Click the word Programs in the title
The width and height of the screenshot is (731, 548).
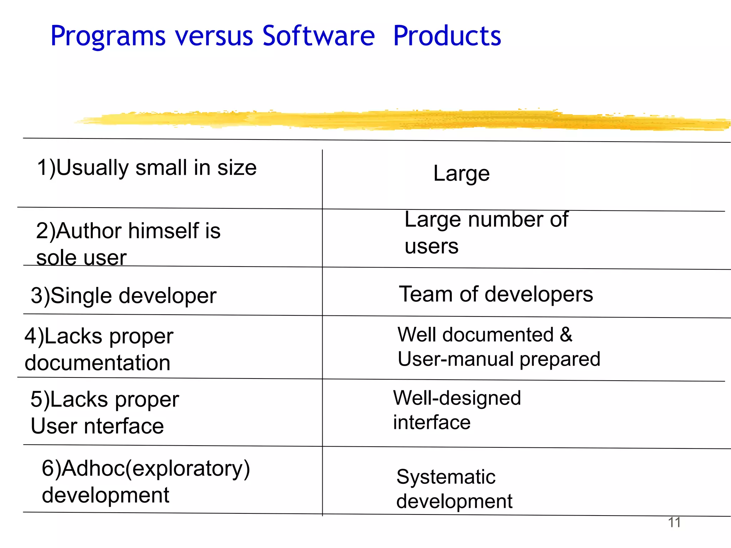click(108, 36)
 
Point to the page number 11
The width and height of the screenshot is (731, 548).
click(674, 522)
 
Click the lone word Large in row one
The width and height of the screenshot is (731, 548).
click(461, 174)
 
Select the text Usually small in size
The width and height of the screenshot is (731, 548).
click(156, 168)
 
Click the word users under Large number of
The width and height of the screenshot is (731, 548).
click(431, 247)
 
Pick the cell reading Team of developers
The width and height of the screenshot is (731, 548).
click(495, 294)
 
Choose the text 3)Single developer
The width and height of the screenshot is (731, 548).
click(123, 296)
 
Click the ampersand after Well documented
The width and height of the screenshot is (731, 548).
click(566, 335)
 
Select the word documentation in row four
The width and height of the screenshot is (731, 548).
click(97, 363)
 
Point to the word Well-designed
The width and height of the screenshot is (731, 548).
click(457, 398)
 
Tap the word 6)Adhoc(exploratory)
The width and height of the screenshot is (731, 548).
click(146, 468)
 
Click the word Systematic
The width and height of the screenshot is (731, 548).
click(446, 477)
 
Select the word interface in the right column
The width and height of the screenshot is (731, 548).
click(432, 423)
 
